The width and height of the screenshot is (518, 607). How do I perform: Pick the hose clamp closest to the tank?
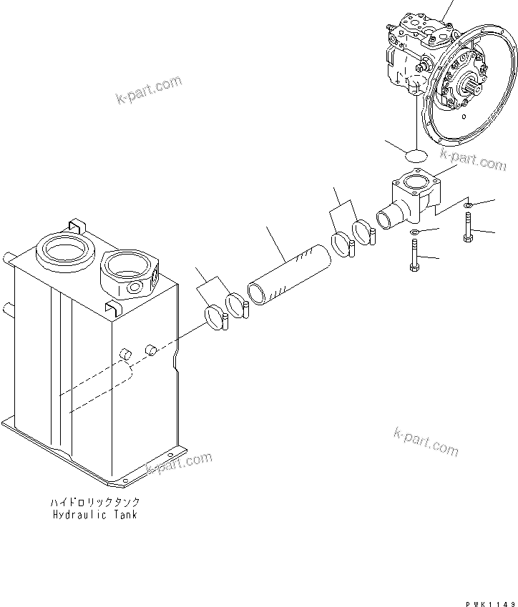coord(215,314)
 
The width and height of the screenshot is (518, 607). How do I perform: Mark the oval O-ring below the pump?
coord(414,153)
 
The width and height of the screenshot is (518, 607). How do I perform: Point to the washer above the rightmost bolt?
coord(466,206)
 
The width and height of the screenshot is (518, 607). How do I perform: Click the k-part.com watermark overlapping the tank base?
coord(179,463)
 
